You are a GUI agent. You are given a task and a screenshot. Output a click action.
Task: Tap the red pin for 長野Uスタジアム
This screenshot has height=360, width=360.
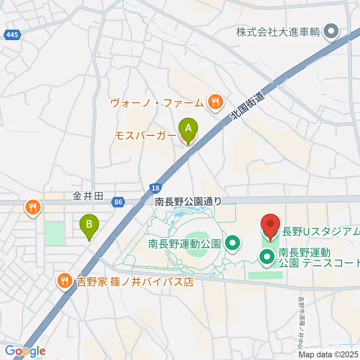click(x=270, y=225)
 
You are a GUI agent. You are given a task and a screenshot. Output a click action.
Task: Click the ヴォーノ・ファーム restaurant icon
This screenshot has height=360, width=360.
click(x=215, y=102)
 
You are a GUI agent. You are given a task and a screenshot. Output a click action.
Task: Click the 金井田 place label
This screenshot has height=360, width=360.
click(x=88, y=196)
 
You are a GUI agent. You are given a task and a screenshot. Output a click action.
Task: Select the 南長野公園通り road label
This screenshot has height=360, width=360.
click(x=189, y=202)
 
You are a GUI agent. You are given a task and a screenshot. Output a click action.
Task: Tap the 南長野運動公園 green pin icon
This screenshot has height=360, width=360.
click(x=233, y=244)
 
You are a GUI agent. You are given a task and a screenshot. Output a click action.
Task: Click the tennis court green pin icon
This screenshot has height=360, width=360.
click(x=267, y=258)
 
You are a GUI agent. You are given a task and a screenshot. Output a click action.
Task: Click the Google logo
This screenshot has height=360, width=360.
click(x=25, y=351)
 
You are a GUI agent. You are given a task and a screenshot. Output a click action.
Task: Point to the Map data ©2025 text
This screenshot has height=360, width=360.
click(x=328, y=354)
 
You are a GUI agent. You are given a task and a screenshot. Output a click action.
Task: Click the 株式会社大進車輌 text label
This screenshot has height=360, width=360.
click(x=278, y=32)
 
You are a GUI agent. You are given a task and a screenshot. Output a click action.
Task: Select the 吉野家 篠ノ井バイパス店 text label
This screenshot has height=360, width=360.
click(x=135, y=281)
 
